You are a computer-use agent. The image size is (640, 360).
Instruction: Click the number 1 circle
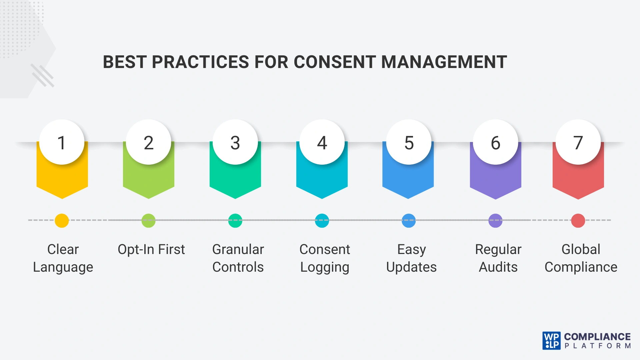click(62, 142)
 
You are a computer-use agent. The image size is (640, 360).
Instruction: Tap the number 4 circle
click(322, 142)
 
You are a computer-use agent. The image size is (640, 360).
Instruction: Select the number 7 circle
click(578, 142)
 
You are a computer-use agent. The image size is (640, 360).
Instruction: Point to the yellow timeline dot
click(62, 221)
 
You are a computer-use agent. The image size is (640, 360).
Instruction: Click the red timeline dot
click(578, 221)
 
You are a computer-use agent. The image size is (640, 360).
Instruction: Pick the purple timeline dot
click(495, 221)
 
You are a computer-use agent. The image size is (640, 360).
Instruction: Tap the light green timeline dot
click(148, 221)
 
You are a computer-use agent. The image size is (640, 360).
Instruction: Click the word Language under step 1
click(63, 267)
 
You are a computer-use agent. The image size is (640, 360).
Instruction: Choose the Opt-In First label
click(151, 249)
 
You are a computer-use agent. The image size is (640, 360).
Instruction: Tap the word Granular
click(238, 249)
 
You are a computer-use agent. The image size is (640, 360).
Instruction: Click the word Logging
click(325, 267)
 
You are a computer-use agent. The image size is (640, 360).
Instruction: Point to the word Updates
click(411, 267)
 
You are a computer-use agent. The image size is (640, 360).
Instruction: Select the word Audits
click(498, 267)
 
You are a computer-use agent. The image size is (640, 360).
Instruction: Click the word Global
click(581, 249)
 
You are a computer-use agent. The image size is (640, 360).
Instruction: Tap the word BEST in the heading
click(124, 62)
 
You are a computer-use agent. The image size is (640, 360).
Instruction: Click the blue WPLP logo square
click(551, 341)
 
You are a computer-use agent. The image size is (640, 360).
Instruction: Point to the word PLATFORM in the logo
click(597, 346)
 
